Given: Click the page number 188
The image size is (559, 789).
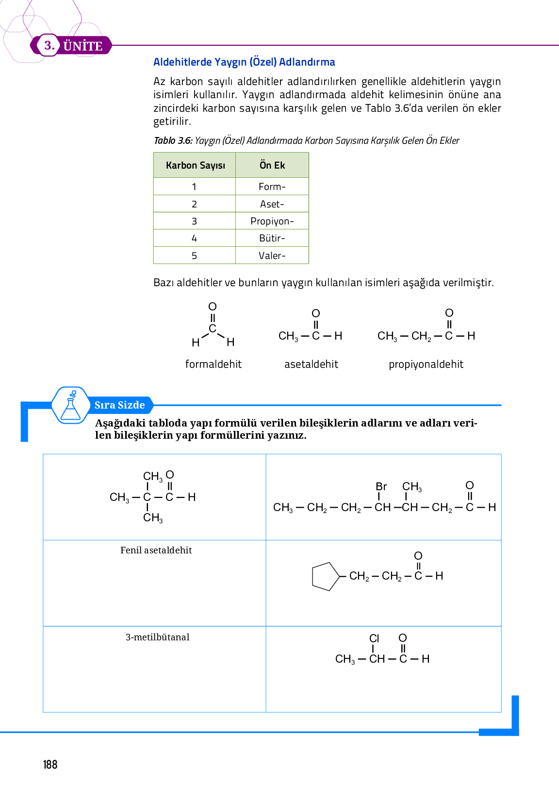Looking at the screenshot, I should click(x=50, y=765).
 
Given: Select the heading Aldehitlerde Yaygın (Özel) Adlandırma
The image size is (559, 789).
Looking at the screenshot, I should click(x=244, y=62).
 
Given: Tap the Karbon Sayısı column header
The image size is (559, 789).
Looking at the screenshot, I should click(x=195, y=165).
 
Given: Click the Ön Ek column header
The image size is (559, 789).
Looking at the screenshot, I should click(x=272, y=165).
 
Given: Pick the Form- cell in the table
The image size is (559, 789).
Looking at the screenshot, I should click(x=272, y=187).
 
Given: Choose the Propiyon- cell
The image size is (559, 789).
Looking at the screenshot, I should click(x=272, y=221).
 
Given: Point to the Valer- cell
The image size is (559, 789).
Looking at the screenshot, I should click(x=272, y=256).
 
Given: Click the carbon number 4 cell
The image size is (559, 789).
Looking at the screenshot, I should click(x=195, y=238).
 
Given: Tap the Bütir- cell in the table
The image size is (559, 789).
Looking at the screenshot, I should click(x=272, y=238).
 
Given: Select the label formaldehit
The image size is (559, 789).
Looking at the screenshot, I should click(x=214, y=364).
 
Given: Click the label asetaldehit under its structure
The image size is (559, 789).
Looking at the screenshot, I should click(x=311, y=364).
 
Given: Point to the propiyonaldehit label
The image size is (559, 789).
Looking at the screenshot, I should click(x=426, y=364).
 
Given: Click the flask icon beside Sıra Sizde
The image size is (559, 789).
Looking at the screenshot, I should click(x=71, y=406).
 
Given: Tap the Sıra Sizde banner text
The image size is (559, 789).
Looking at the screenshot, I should click(x=120, y=405).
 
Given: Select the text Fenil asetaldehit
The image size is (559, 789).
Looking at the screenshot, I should click(x=156, y=550).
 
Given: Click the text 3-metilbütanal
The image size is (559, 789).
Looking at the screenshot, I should click(x=157, y=637).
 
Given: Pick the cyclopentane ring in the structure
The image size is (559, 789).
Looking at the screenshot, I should click(x=325, y=577).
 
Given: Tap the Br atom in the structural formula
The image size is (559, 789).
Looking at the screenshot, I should click(x=381, y=486).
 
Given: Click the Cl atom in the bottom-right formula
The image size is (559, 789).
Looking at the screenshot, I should click(x=374, y=638).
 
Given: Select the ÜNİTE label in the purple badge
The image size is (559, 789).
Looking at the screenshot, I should click(x=83, y=46).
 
